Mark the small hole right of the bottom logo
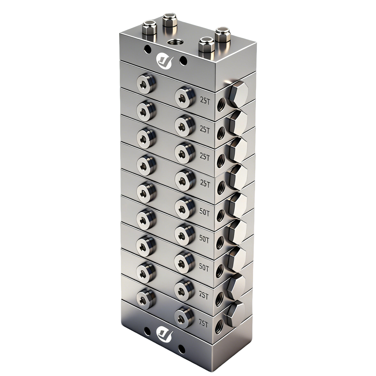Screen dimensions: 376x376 point(181,348)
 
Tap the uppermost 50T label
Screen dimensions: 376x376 point(204,212)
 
